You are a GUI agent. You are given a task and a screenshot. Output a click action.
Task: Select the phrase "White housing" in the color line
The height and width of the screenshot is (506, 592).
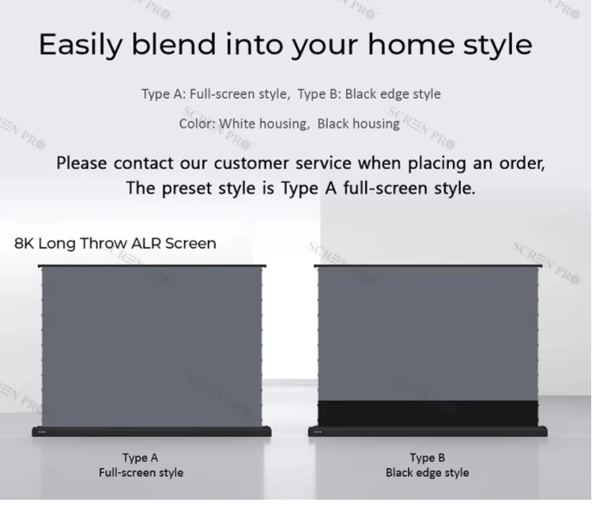(265, 123)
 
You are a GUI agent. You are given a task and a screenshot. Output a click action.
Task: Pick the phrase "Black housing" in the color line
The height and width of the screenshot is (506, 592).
(359, 123)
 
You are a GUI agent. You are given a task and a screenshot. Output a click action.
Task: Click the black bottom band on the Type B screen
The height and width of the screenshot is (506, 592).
(426, 413)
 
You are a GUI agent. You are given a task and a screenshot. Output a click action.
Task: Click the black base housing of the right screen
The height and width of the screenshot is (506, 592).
(426, 432)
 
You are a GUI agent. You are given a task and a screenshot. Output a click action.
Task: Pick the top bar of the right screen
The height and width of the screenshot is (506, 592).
(427, 267)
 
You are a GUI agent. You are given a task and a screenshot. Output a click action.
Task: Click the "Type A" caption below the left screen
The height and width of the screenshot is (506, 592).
(140, 458)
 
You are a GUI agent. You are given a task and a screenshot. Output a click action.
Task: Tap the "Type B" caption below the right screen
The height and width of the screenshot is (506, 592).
(427, 458)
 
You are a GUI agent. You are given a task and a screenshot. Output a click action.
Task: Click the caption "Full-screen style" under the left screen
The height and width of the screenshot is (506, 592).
(141, 473)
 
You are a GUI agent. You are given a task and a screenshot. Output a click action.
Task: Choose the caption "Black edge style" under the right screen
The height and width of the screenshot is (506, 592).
(427, 473)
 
